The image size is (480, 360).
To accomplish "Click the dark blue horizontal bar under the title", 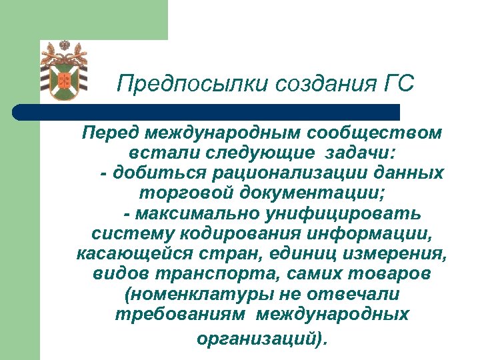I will coord(207,112).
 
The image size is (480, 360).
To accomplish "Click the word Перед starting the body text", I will coord(104,133).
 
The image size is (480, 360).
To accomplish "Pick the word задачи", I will coord(361,153).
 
